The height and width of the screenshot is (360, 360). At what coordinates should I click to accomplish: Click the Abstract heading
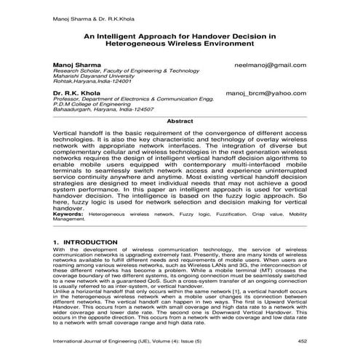pos(180,121)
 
